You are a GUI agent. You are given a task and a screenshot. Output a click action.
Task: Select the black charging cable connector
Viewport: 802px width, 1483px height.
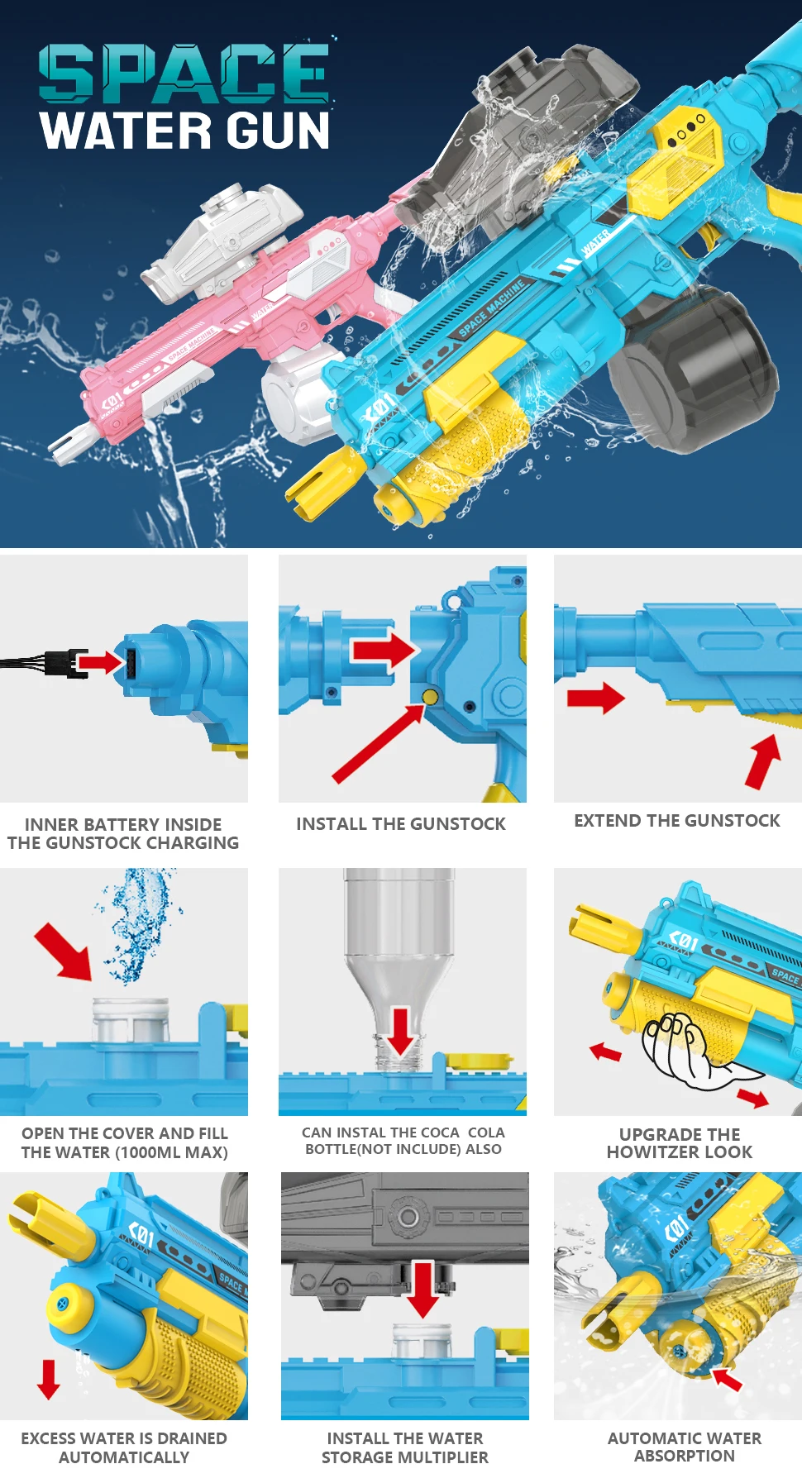tap(66, 662)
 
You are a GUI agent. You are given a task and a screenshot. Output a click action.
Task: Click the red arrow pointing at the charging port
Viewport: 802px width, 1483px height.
tap(100, 661)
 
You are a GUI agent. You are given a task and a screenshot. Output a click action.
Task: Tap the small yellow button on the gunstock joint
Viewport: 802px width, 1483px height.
tap(430, 698)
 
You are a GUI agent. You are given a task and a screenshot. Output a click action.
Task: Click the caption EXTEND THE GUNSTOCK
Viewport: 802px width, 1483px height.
tap(676, 821)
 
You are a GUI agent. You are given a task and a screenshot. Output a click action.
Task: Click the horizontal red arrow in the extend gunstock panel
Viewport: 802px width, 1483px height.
tap(595, 698)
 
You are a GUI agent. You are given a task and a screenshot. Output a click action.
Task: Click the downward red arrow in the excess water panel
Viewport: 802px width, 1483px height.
tap(49, 1379)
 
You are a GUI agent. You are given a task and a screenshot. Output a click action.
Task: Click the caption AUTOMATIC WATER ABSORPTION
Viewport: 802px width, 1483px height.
tap(684, 1447)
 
